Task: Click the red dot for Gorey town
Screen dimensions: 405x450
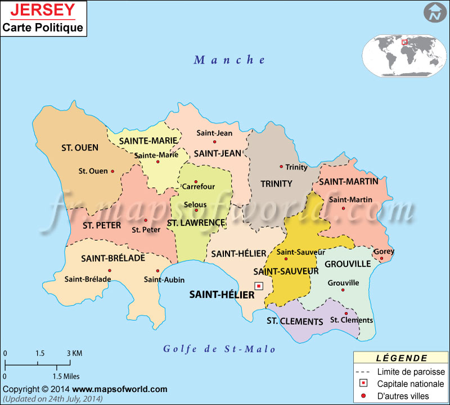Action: pos(381,259)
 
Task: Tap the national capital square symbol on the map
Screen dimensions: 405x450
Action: pos(259,286)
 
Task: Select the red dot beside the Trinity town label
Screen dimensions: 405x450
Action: pos(281,166)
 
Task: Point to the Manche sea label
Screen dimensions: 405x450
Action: pos(229,60)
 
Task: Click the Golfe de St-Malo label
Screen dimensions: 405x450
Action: pos(219,349)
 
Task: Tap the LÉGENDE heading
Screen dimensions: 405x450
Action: pos(401,358)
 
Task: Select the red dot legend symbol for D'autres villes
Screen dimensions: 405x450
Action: pos(364,397)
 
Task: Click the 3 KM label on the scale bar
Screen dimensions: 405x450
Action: pos(75,353)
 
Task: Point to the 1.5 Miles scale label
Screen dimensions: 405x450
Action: pos(66,376)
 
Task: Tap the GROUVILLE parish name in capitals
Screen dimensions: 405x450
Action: pos(348,263)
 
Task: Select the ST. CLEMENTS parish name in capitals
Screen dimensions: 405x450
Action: pos(295,322)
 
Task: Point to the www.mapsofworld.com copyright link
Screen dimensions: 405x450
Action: pos(119,389)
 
